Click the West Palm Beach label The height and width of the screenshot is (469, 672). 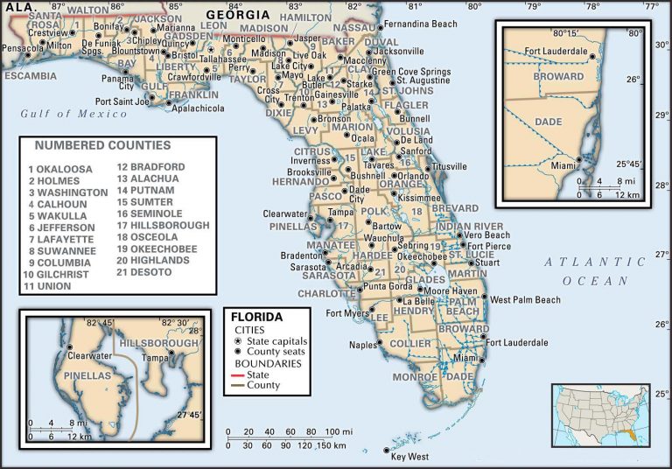(525, 300)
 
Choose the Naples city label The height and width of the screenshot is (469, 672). (362, 346)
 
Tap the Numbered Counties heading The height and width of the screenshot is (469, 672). (103, 145)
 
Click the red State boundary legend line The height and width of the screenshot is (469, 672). (238, 374)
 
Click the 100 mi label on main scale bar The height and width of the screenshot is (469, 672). (338, 431)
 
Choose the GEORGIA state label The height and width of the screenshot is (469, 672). (237, 15)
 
